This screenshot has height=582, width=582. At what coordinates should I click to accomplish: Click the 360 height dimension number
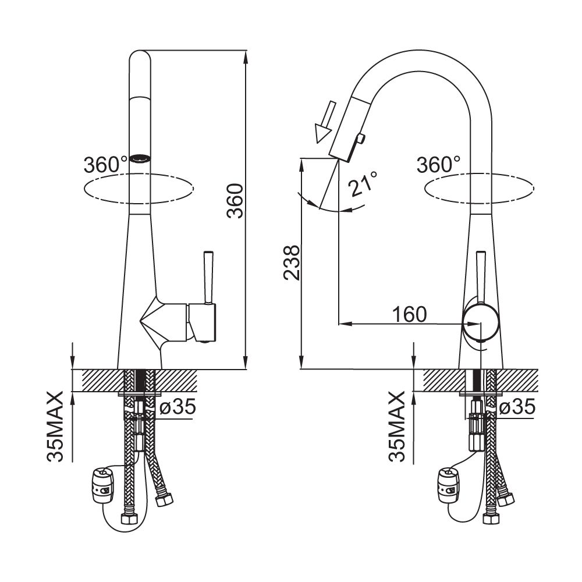(x=235, y=200)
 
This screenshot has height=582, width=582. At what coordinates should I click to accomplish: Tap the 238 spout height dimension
(x=292, y=263)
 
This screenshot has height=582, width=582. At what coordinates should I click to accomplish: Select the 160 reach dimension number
(x=409, y=314)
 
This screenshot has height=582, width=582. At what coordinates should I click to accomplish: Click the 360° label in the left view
(x=105, y=165)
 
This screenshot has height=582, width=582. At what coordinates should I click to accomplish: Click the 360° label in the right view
(x=438, y=165)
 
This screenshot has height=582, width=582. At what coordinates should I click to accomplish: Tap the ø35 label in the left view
(x=177, y=407)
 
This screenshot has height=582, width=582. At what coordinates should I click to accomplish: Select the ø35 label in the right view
(x=517, y=407)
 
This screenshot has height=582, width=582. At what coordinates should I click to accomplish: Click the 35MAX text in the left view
(x=55, y=427)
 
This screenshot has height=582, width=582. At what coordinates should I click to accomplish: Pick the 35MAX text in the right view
(x=397, y=427)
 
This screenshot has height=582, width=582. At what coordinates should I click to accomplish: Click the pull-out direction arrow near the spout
(x=325, y=122)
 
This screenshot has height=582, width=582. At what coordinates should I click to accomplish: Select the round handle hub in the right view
(x=481, y=323)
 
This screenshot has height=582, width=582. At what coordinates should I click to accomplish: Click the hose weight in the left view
(x=102, y=485)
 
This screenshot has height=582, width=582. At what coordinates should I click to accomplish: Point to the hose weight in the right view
(x=449, y=485)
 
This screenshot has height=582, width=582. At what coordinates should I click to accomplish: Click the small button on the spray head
(x=361, y=139)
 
